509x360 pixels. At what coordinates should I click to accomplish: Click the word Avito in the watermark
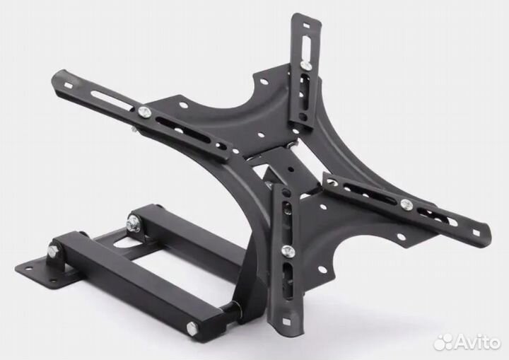click(x=477, y=342)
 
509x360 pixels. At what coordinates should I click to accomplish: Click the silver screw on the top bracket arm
click(x=305, y=65)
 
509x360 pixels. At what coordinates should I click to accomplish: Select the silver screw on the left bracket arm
click(x=143, y=112)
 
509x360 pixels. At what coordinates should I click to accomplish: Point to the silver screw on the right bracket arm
click(x=405, y=204)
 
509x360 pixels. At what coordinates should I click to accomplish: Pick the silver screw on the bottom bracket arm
click(x=286, y=250)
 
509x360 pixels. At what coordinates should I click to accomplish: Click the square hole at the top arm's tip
click(x=306, y=25)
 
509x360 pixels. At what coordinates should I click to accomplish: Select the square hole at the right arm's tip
click(x=476, y=233)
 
